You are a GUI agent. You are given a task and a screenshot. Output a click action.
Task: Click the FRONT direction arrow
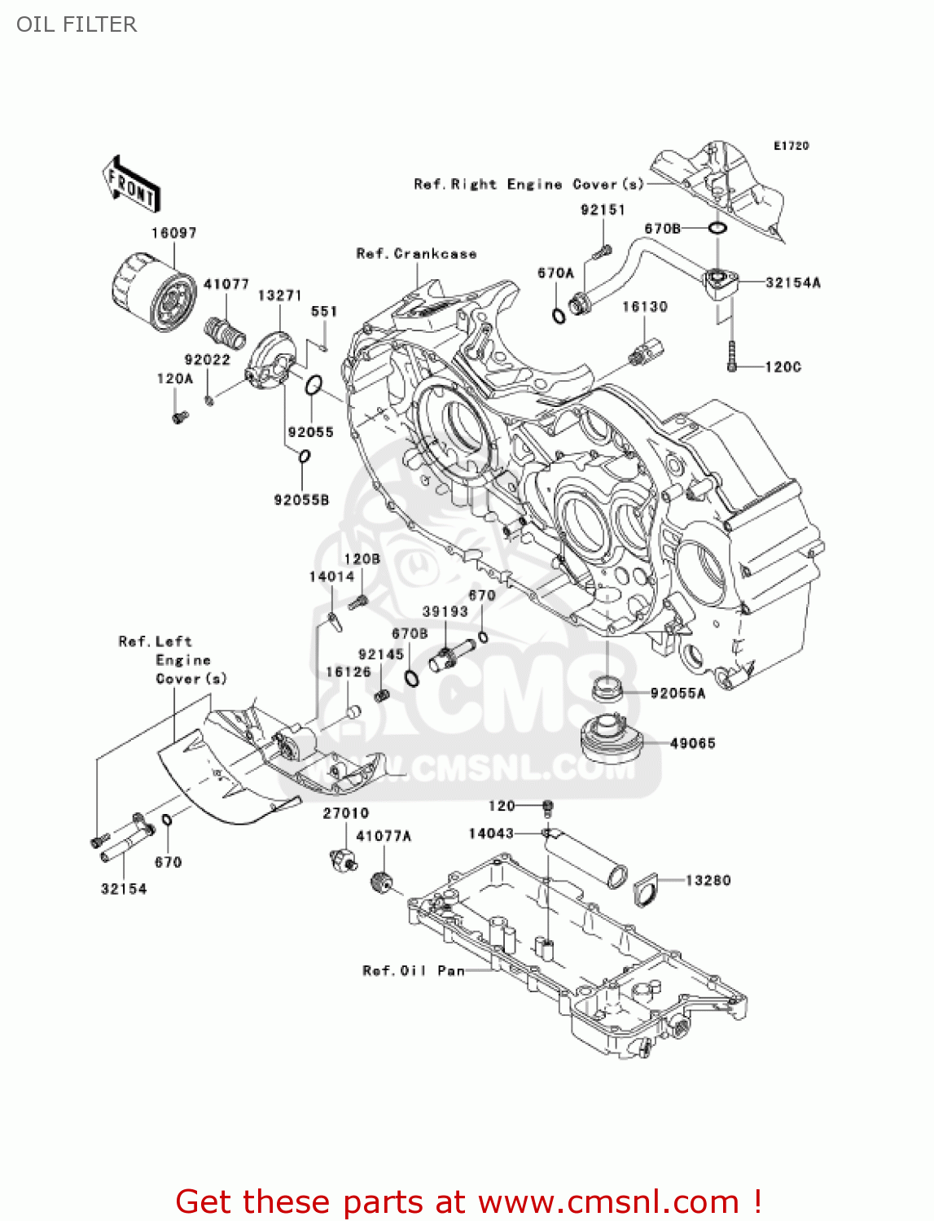130,185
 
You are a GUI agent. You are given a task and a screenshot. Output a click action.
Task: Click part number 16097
173,233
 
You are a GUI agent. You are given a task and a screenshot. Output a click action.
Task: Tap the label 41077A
384,836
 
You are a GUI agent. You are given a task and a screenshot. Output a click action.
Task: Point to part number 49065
692,743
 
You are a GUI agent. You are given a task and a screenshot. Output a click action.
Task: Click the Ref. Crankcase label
416,254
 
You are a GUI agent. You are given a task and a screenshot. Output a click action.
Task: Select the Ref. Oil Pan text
414,970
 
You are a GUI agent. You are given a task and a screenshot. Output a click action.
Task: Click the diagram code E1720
791,146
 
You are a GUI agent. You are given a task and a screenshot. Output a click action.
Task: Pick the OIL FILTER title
77,24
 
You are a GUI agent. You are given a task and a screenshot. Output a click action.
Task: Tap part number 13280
708,880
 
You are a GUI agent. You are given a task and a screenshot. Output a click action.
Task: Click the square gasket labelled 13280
646,887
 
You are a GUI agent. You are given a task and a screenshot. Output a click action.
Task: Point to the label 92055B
301,500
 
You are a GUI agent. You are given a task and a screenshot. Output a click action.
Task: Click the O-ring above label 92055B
303,456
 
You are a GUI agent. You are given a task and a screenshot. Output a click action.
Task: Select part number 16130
644,307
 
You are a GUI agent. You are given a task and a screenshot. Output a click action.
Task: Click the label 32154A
792,282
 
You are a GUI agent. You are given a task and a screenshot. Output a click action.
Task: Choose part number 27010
345,813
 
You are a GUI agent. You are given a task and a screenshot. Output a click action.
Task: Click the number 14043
491,833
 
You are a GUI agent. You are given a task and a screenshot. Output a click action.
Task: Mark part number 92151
603,210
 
